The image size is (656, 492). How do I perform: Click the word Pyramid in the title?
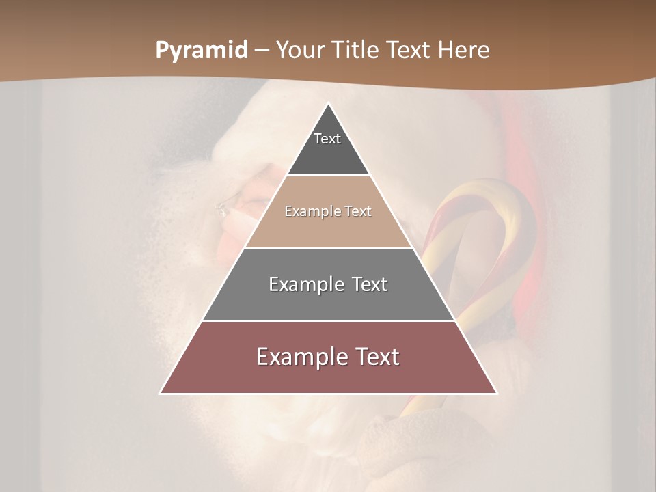click(x=202, y=50)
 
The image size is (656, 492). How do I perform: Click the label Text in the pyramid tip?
click(x=327, y=139)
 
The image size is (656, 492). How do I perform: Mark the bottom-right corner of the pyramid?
click(x=496, y=393)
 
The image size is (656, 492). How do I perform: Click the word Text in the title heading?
click(x=408, y=50)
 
